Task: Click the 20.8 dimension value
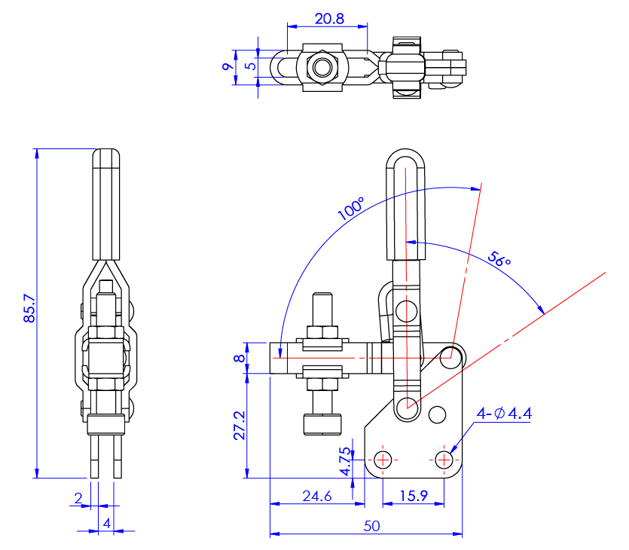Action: click(329, 20)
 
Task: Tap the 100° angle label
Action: click(351, 209)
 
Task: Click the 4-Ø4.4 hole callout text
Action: click(505, 413)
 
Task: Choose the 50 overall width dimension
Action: click(371, 526)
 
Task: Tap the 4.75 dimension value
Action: click(344, 462)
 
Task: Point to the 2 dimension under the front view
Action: click(78, 498)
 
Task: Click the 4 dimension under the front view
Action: click(107, 522)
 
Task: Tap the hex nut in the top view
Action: click(324, 67)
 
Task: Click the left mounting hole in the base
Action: click(383, 459)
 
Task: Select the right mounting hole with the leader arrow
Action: click(444, 459)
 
